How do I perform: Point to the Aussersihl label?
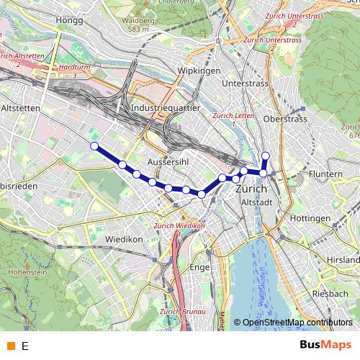[167, 162]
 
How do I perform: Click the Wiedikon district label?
[126, 238]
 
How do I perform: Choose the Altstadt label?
[256, 203]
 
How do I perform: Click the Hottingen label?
[310, 217]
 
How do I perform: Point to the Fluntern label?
[325, 174]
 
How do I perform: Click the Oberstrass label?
[287, 118]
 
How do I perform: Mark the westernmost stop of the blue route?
[94, 146]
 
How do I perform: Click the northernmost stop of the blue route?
[265, 156]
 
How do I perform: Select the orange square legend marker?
[9, 346]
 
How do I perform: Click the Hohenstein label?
[22, 273]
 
